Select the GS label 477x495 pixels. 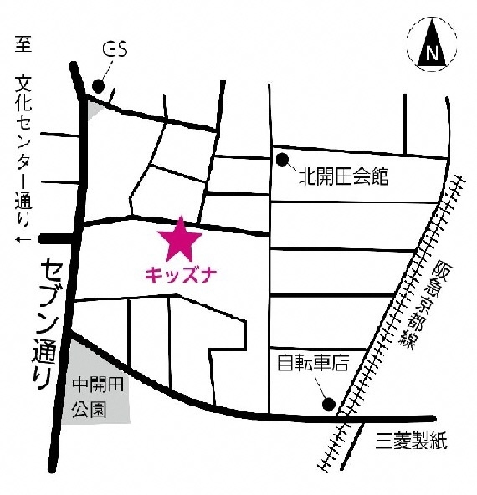pyautogui.click(x=115, y=48)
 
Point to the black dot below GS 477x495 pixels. pyautogui.click(x=99, y=85)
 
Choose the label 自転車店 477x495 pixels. pyautogui.click(x=313, y=365)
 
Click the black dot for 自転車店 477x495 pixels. pyautogui.click(x=329, y=406)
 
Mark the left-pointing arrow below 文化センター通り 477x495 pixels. pyautogui.click(x=23, y=240)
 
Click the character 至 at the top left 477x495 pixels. pyautogui.click(x=23, y=44)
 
